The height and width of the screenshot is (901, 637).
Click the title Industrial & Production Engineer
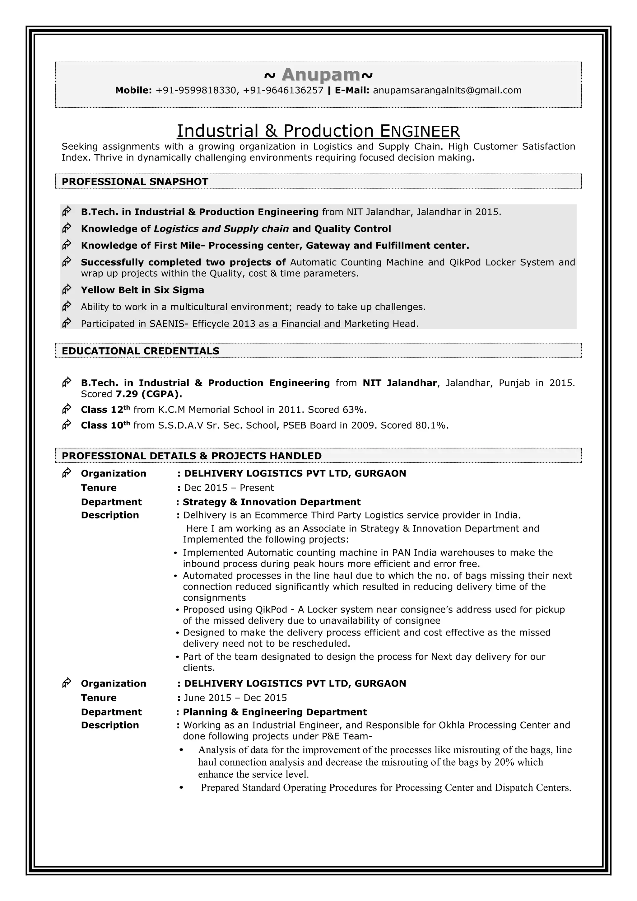pyautogui.click(x=318, y=131)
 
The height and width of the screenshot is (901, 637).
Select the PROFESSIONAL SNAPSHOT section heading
pyautogui.click(x=135, y=182)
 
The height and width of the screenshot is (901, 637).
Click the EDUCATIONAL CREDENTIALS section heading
pyautogui.click(x=140, y=351)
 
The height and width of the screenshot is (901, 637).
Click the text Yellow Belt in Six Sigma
pyautogui.click(x=142, y=290)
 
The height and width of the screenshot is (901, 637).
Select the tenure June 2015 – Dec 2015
pyautogui.click(x=235, y=698)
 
